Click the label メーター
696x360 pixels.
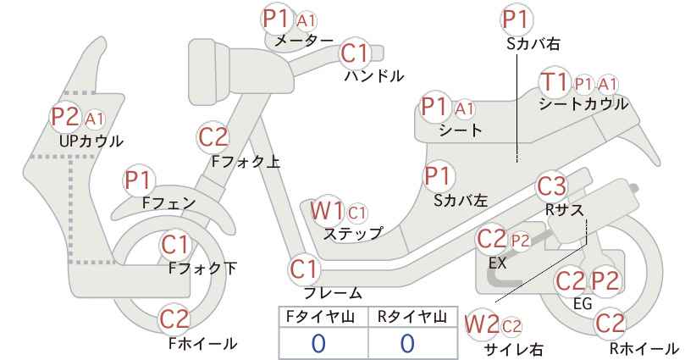(304, 41)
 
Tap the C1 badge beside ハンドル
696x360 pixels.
(355, 53)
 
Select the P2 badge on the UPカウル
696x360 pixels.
(66, 117)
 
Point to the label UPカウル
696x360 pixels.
(91, 141)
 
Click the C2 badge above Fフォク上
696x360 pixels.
(213, 136)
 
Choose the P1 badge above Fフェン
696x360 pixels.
(139, 180)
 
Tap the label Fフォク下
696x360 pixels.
(203, 269)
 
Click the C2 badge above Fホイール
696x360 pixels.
(175, 318)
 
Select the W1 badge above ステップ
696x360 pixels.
(326, 210)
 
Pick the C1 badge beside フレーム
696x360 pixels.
(304, 269)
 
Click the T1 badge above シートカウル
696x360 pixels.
(554, 82)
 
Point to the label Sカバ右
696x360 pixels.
(533, 43)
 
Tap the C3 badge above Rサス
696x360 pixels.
(552, 187)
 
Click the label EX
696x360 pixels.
(497, 263)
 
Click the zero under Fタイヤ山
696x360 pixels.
(318, 343)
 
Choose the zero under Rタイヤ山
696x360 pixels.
(407, 343)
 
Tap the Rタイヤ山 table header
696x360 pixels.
(412, 317)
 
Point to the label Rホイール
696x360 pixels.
(644, 348)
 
